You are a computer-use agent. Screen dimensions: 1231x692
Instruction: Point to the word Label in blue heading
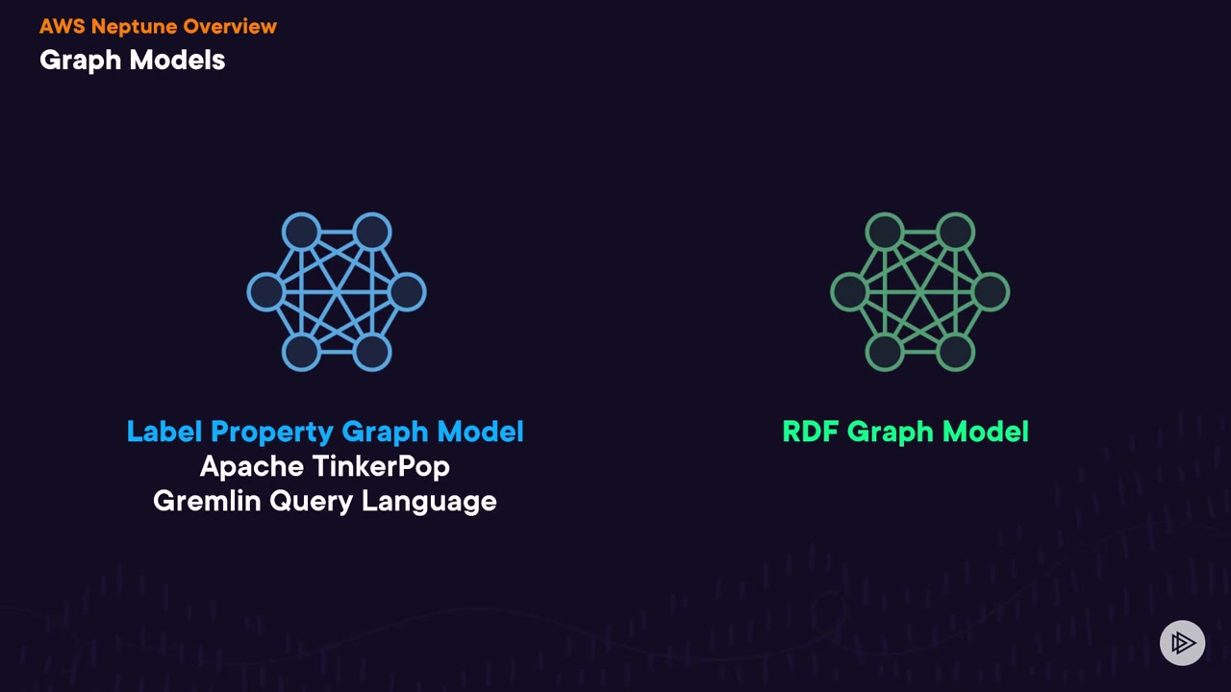pyautogui.click(x=164, y=432)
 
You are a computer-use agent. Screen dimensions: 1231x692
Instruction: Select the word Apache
pyautogui.click(x=248, y=467)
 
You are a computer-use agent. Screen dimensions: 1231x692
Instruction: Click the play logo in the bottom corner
pyautogui.click(x=1182, y=643)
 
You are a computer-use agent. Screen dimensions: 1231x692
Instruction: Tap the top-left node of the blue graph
pyautogui.click(x=301, y=232)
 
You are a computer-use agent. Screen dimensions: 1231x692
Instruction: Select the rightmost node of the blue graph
pyautogui.click(x=408, y=292)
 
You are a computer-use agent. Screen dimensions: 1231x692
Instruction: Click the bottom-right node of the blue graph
pyautogui.click(x=372, y=353)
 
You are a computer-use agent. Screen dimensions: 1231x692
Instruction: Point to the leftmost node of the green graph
pyautogui.click(x=849, y=292)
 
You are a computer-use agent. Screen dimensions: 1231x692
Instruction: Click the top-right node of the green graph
pyautogui.click(x=956, y=232)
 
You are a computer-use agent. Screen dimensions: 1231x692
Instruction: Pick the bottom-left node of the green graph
pyautogui.click(x=885, y=353)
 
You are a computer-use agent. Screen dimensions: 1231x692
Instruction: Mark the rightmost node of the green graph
pyautogui.click(x=992, y=292)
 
